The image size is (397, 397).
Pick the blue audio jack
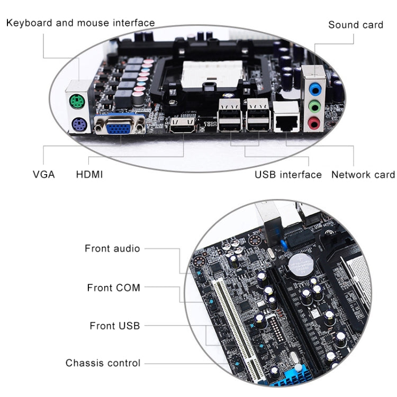[315, 87]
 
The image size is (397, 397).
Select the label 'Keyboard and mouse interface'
[80, 23]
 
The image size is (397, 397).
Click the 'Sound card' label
[355, 25]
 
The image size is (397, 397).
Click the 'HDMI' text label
[89, 174]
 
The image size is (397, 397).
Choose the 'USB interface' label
[288, 174]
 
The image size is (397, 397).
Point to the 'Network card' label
[363, 174]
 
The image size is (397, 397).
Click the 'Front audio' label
[112, 248]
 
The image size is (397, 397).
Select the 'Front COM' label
[113, 287]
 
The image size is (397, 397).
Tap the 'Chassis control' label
[103, 363]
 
